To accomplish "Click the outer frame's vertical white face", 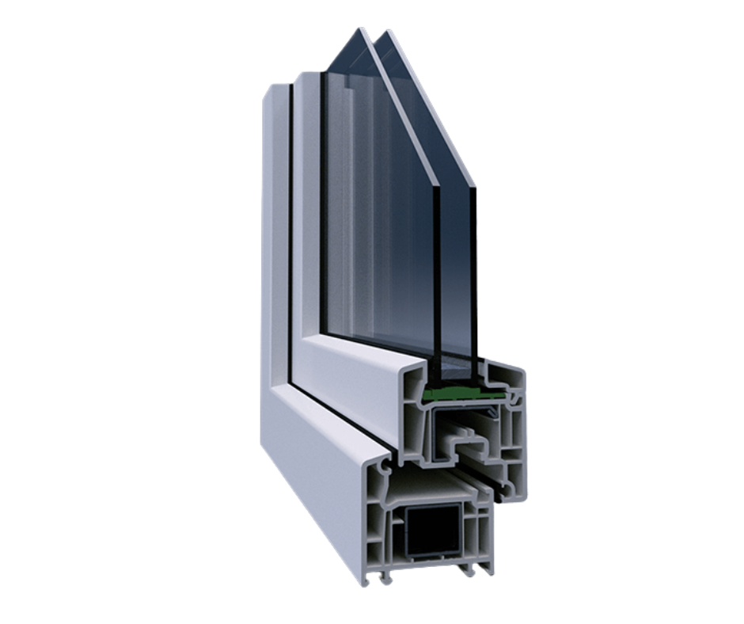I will coord(273,238).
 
